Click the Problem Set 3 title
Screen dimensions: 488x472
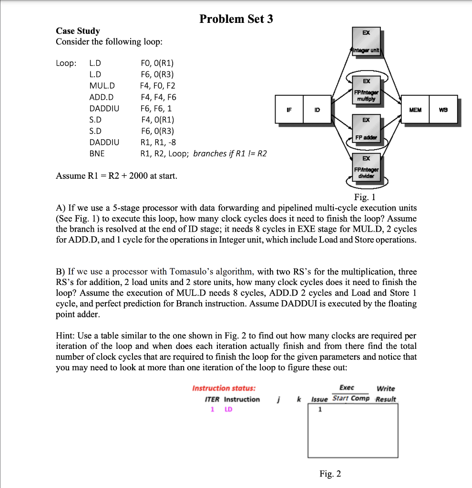coord(236,19)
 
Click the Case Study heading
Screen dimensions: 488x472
coord(78,31)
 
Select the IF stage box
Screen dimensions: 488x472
coord(288,110)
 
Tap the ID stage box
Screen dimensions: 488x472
coord(317,110)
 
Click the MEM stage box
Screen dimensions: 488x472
coord(415,110)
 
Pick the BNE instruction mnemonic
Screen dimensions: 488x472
coord(97,153)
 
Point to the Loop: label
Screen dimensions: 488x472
coord(66,63)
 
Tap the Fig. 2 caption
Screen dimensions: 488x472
coord(330,473)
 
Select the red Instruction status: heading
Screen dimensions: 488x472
coord(224,388)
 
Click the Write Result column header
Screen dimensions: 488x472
coord(386,394)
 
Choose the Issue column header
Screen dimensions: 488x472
coord(319,399)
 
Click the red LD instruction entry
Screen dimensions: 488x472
coord(228,409)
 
